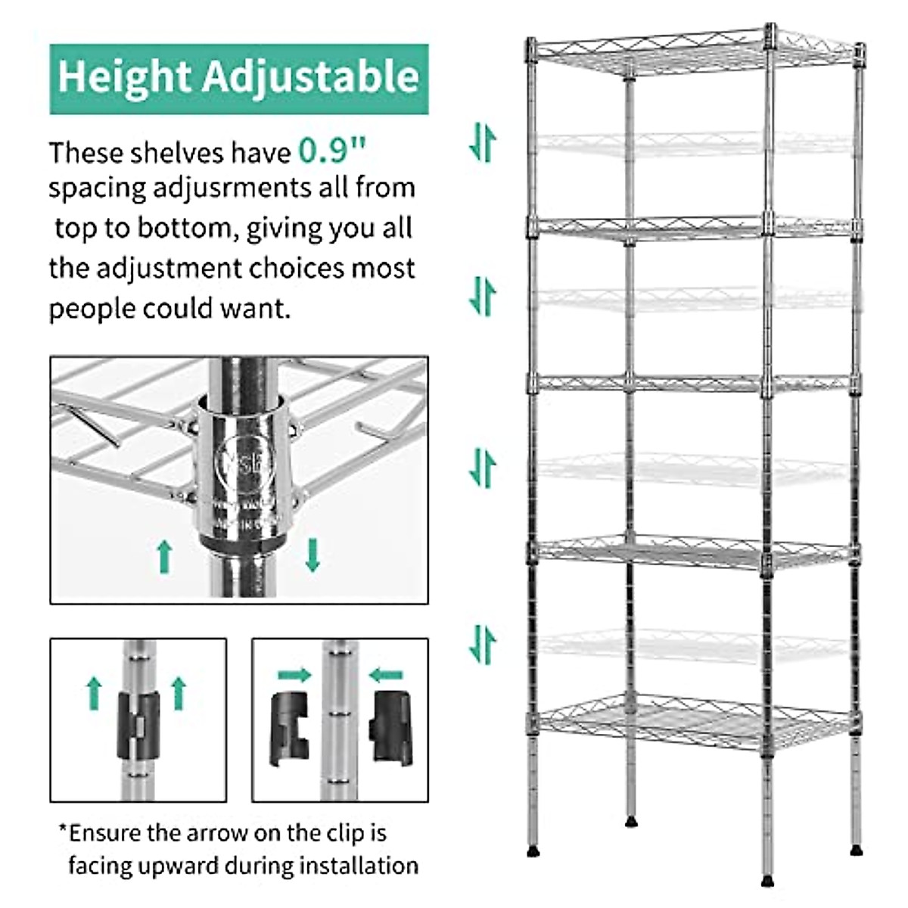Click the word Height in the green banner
point(123,76)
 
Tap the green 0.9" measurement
point(332,151)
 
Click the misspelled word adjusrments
point(234,187)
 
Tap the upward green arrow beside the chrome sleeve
point(164,556)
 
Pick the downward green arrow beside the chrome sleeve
point(312,555)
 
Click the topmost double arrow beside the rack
point(483,142)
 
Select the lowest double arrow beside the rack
point(483,645)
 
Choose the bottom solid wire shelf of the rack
point(692,719)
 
